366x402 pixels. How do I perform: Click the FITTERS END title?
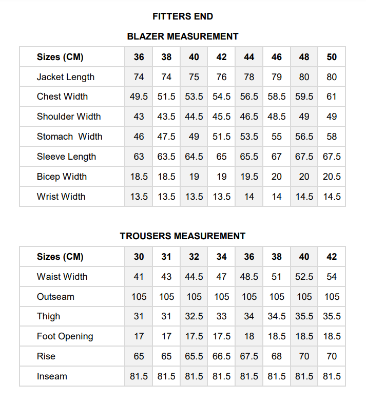183,16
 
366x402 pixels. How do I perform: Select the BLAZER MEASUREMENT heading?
183,36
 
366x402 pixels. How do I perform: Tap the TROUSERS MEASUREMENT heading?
183,236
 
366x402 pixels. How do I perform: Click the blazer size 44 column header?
249,57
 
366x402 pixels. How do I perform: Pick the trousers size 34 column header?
222,257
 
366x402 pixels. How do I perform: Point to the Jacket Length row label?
66,77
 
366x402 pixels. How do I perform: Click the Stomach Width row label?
69,137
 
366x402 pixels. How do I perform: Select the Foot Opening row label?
65,337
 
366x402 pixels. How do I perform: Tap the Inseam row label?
52,376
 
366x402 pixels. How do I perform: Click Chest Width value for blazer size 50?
332,97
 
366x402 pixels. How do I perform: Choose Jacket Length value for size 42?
222,77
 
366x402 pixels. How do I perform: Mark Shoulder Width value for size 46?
277,117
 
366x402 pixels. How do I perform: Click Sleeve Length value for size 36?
139,157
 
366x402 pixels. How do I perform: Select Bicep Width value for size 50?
332,177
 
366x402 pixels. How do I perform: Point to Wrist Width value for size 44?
249,197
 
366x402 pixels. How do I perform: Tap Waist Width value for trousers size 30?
139,277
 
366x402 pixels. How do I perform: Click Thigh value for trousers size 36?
249,316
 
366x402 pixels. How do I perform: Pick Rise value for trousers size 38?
277,356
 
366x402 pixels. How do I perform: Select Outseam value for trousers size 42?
332,297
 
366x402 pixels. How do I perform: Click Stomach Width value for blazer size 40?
194,137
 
